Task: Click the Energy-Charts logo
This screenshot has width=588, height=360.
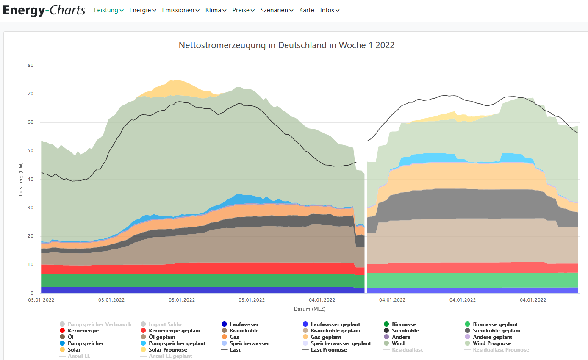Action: (x=44, y=10)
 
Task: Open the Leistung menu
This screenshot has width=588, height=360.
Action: (x=108, y=10)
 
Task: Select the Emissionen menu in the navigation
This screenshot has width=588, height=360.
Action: (x=180, y=10)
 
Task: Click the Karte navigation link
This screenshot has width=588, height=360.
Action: (x=307, y=10)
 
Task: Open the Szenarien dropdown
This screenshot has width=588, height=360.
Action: (x=277, y=10)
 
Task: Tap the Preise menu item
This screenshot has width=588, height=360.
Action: (x=243, y=10)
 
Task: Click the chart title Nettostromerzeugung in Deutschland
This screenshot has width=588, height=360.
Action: (x=286, y=45)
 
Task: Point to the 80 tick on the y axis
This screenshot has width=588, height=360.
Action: (x=31, y=65)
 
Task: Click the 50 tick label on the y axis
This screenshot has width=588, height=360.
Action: (x=31, y=151)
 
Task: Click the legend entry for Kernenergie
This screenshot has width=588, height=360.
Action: (x=83, y=331)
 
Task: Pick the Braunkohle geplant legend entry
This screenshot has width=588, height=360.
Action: (x=336, y=331)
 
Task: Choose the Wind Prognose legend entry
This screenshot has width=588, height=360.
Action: (x=492, y=343)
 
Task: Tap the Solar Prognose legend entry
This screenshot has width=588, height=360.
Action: (x=168, y=350)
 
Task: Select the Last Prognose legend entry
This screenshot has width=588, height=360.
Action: (x=329, y=350)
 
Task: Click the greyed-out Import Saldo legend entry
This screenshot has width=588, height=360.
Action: (x=165, y=324)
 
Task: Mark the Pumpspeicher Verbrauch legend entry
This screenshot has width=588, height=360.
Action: (x=99, y=324)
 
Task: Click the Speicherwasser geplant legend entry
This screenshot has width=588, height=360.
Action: (x=341, y=343)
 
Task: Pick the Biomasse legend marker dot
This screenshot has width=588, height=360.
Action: (x=386, y=324)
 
